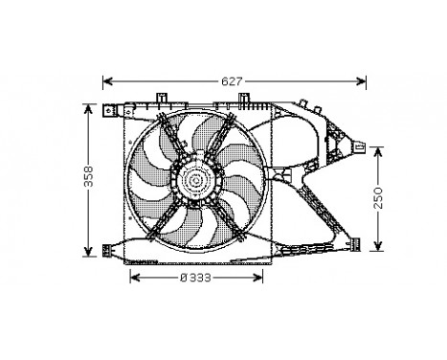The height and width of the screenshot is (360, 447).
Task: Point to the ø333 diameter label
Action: point(197,278)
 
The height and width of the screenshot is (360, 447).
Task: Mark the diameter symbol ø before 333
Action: point(183,278)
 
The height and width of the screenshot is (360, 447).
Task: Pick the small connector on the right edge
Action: point(362,145)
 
